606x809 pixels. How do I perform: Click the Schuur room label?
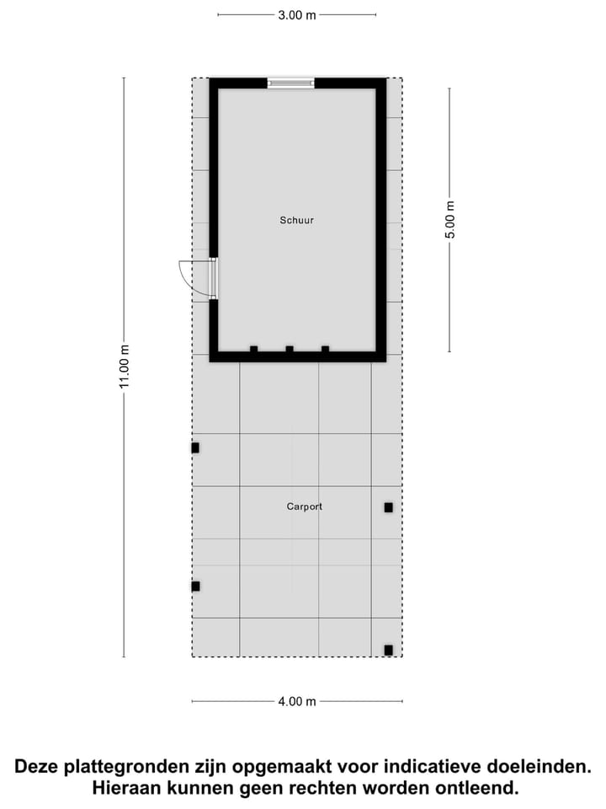(297, 220)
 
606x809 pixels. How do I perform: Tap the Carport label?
(304, 506)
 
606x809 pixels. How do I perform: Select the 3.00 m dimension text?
(297, 14)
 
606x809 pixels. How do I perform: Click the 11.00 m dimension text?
(124, 367)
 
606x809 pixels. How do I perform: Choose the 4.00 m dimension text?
(297, 701)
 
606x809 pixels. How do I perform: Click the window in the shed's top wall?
(290, 83)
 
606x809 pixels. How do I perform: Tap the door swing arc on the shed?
(192, 276)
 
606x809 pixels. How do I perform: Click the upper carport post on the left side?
(195, 447)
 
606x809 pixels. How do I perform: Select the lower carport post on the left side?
(195, 586)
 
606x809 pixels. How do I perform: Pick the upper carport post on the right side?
(388, 507)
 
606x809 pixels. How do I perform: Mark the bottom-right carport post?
(388, 650)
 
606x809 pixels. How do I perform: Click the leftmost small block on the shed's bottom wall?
(253, 349)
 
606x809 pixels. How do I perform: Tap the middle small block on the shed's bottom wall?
(289, 349)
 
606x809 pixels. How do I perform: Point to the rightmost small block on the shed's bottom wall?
(325, 349)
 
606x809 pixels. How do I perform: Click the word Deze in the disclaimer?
(40, 767)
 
